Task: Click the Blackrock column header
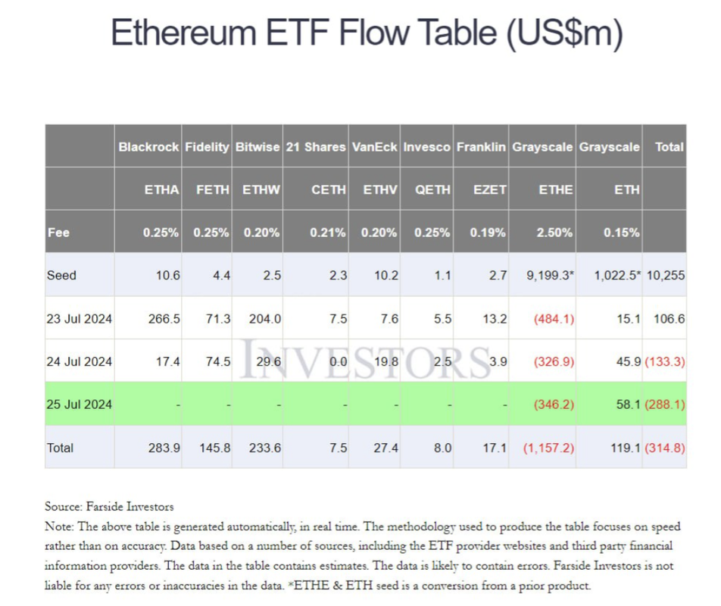click(x=149, y=147)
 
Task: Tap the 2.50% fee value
click(x=555, y=233)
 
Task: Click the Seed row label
click(x=61, y=276)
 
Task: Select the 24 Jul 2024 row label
click(x=79, y=361)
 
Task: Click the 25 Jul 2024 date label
click(x=79, y=405)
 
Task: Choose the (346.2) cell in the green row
click(x=554, y=405)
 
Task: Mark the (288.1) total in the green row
click(x=665, y=405)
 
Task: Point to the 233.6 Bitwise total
click(x=265, y=448)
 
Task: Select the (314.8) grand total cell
click(x=665, y=448)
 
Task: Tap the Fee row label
click(x=58, y=233)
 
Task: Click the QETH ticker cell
click(x=432, y=190)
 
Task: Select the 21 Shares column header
click(x=316, y=147)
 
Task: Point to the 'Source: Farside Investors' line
click(x=110, y=507)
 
